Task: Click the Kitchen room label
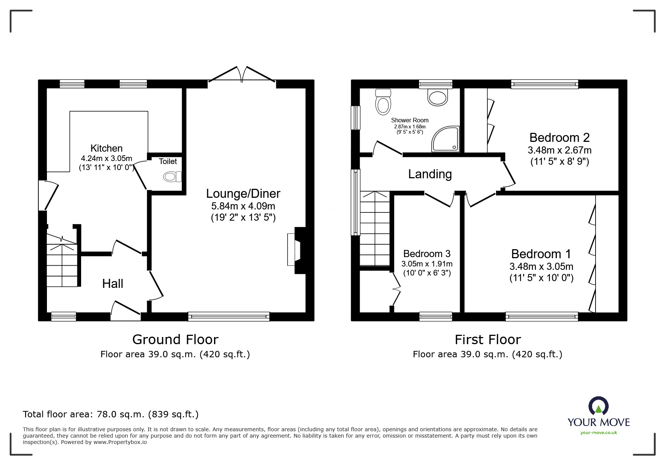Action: [106, 148]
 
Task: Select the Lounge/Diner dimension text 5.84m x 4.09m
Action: [243, 206]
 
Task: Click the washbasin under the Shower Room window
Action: [437, 97]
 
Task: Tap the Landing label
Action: [430, 174]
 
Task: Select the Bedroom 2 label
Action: [559, 138]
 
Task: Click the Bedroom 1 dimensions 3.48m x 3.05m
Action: [541, 266]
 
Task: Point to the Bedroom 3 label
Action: [427, 254]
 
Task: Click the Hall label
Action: [113, 284]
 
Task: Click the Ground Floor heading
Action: [175, 340]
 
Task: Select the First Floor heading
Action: [487, 340]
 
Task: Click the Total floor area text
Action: [111, 414]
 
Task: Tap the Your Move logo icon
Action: [598, 406]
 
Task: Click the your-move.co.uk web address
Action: [599, 433]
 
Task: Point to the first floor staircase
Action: [375, 229]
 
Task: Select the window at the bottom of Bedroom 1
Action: [542, 317]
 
